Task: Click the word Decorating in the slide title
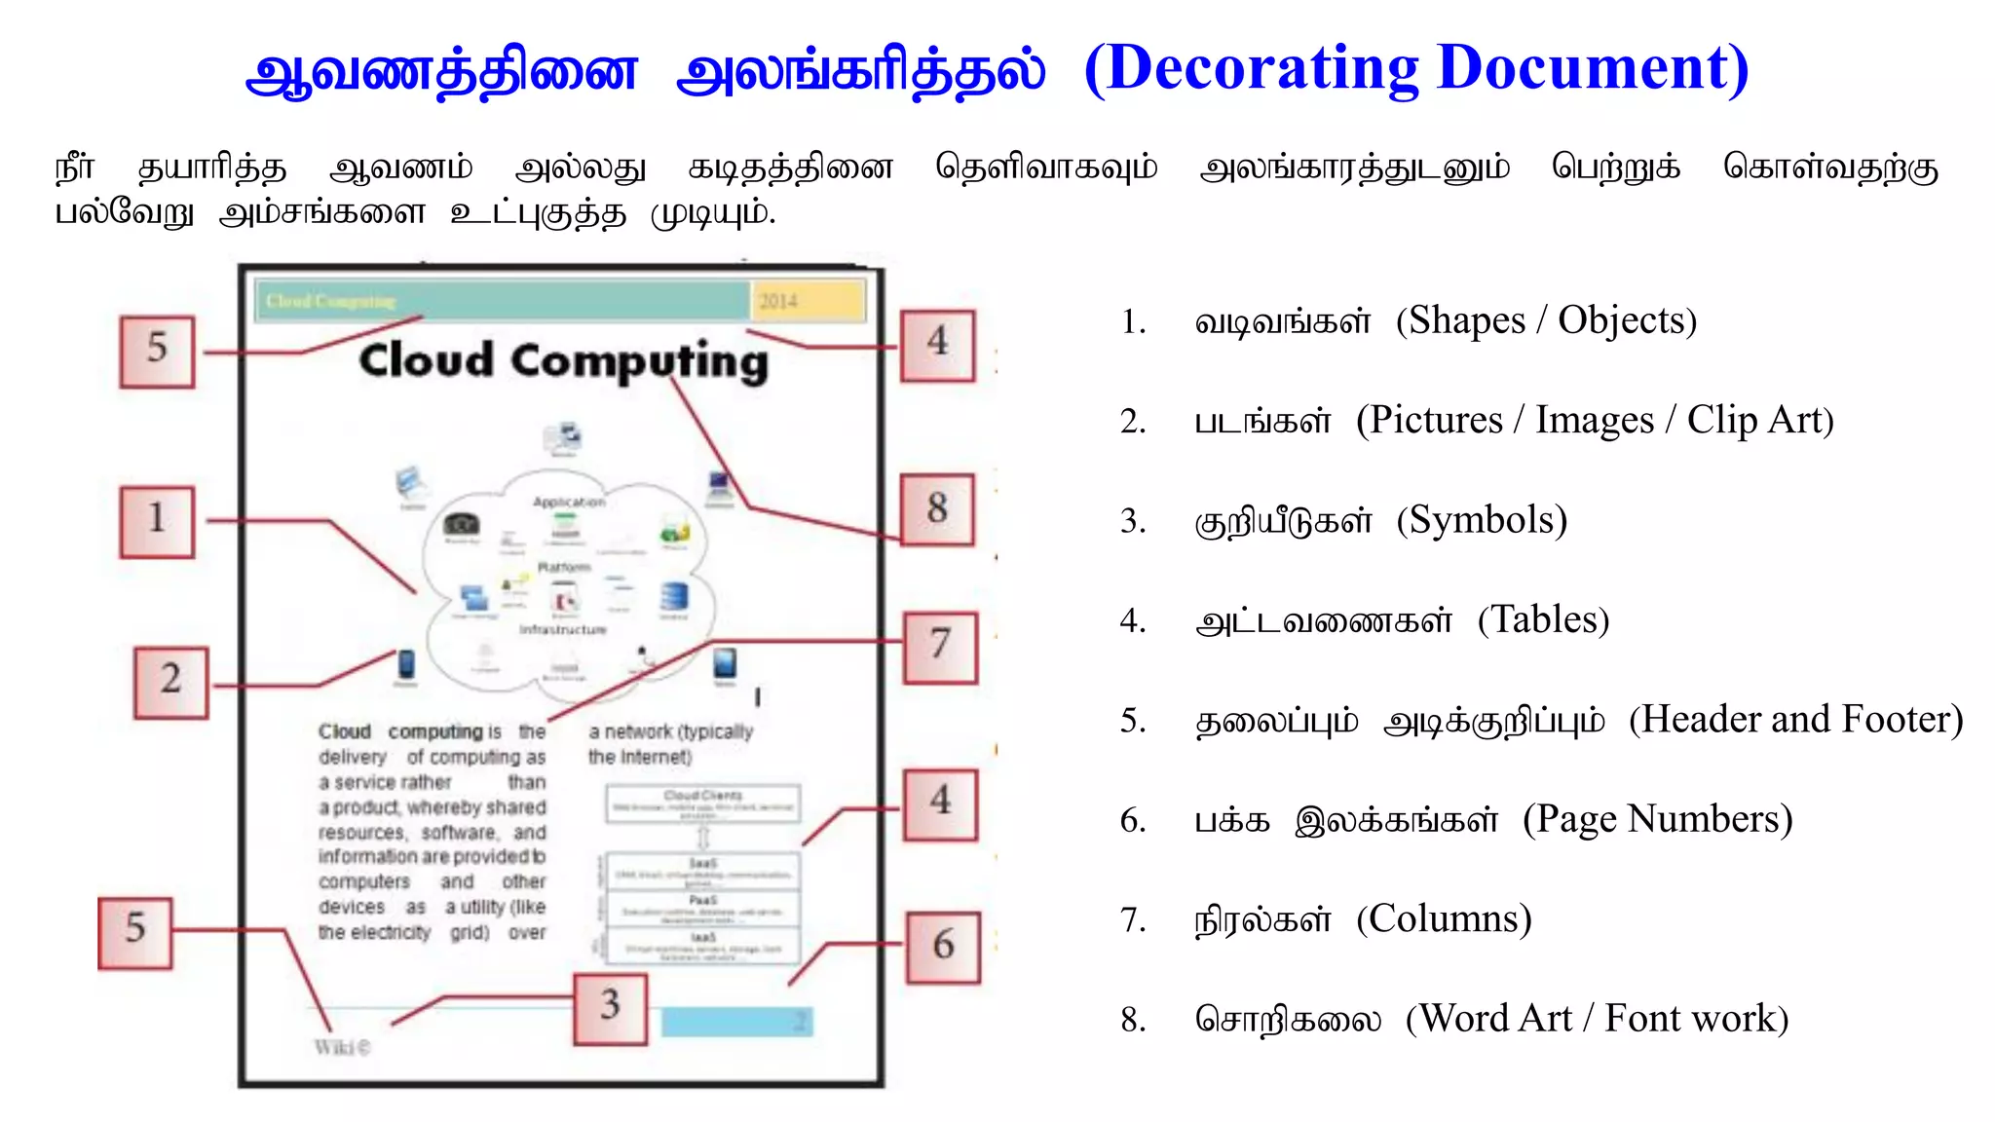click(1261, 68)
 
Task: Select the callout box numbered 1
click(157, 521)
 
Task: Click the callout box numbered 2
click(170, 682)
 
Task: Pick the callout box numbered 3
click(610, 1008)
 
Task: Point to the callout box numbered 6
click(942, 947)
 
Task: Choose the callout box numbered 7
click(939, 647)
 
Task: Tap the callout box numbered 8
click(936, 509)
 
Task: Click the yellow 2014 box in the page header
click(807, 301)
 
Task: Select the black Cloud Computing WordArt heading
click(563, 360)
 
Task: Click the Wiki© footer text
click(342, 1048)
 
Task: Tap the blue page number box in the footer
click(736, 1022)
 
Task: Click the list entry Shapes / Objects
click(1546, 321)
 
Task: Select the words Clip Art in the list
click(1759, 421)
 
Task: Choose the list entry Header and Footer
click(1794, 721)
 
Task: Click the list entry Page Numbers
click(1657, 820)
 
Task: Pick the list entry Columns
click(1444, 919)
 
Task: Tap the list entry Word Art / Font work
click(1596, 1020)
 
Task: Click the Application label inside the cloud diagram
click(569, 502)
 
